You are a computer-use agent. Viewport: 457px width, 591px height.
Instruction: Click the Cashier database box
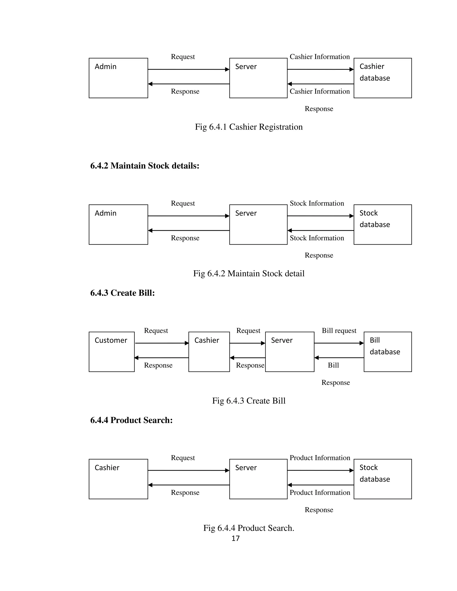point(382,78)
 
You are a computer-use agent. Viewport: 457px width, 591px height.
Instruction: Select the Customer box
point(112,351)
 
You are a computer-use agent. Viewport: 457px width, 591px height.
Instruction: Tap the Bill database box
point(387,351)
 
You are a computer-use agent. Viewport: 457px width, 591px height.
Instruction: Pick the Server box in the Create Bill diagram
point(289,351)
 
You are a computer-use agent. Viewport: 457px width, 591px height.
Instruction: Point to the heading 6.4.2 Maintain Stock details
point(145,166)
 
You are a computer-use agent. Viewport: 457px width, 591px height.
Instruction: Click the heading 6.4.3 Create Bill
point(122,293)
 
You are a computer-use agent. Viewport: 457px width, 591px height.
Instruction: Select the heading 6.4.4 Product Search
point(131,420)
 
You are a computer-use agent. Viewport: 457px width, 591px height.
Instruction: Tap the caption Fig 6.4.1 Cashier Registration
point(249,127)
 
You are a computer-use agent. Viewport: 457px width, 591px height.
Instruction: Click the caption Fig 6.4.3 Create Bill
point(249,401)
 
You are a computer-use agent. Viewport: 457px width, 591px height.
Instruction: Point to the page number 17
point(235,538)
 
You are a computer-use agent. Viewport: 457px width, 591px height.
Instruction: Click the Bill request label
point(339,331)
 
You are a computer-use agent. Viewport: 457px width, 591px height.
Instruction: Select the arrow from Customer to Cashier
point(162,343)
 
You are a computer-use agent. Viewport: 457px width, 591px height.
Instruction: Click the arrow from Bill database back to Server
point(339,358)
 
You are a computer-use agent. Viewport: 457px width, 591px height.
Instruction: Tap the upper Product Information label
point(320,458)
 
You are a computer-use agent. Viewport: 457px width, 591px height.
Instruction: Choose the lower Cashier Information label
point(320,91)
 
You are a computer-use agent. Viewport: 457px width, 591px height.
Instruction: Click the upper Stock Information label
point(317,203)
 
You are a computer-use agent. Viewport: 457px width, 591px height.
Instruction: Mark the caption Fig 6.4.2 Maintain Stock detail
point(249,273)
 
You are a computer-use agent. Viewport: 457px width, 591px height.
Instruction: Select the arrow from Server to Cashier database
point(320,70)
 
